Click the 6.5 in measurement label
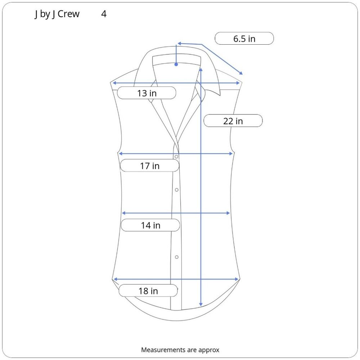pos(244,39)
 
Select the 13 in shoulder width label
pos(147,93)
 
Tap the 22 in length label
pos(233,121)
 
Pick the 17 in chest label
pos(150,166)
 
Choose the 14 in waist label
pos(150,225)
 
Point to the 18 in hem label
pos(148,291)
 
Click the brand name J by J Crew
pos(57,14)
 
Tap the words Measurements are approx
pos(180,350)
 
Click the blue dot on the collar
pos(176,64)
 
